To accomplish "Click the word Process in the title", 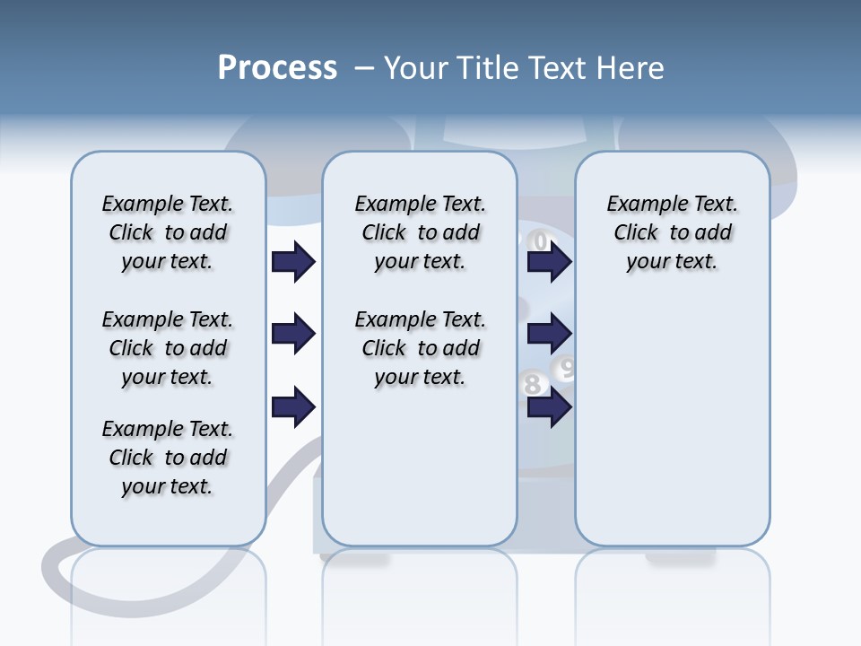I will coord(277,68).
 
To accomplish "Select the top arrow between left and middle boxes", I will coord(293,262).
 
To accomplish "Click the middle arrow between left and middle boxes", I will coord(293,335).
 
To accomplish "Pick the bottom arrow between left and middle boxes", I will coord(293,407).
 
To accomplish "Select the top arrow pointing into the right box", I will coord(549,262).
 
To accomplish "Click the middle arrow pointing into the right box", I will coord(549,335).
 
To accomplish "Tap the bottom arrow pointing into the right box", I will coord(549,407).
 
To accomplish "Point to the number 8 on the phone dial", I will coord(533,385).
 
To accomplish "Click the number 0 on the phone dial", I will coord(539,241).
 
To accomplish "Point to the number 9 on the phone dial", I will coord(566,367).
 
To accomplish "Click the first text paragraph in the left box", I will coord(168,232).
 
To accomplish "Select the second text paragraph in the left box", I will coord(168,348).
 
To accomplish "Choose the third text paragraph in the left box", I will coord(168,458).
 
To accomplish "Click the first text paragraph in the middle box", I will coord(420,232).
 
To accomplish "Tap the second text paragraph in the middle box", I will coord(420,348).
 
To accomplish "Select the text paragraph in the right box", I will coord(672,232).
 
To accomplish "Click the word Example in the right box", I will coord(640,205).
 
